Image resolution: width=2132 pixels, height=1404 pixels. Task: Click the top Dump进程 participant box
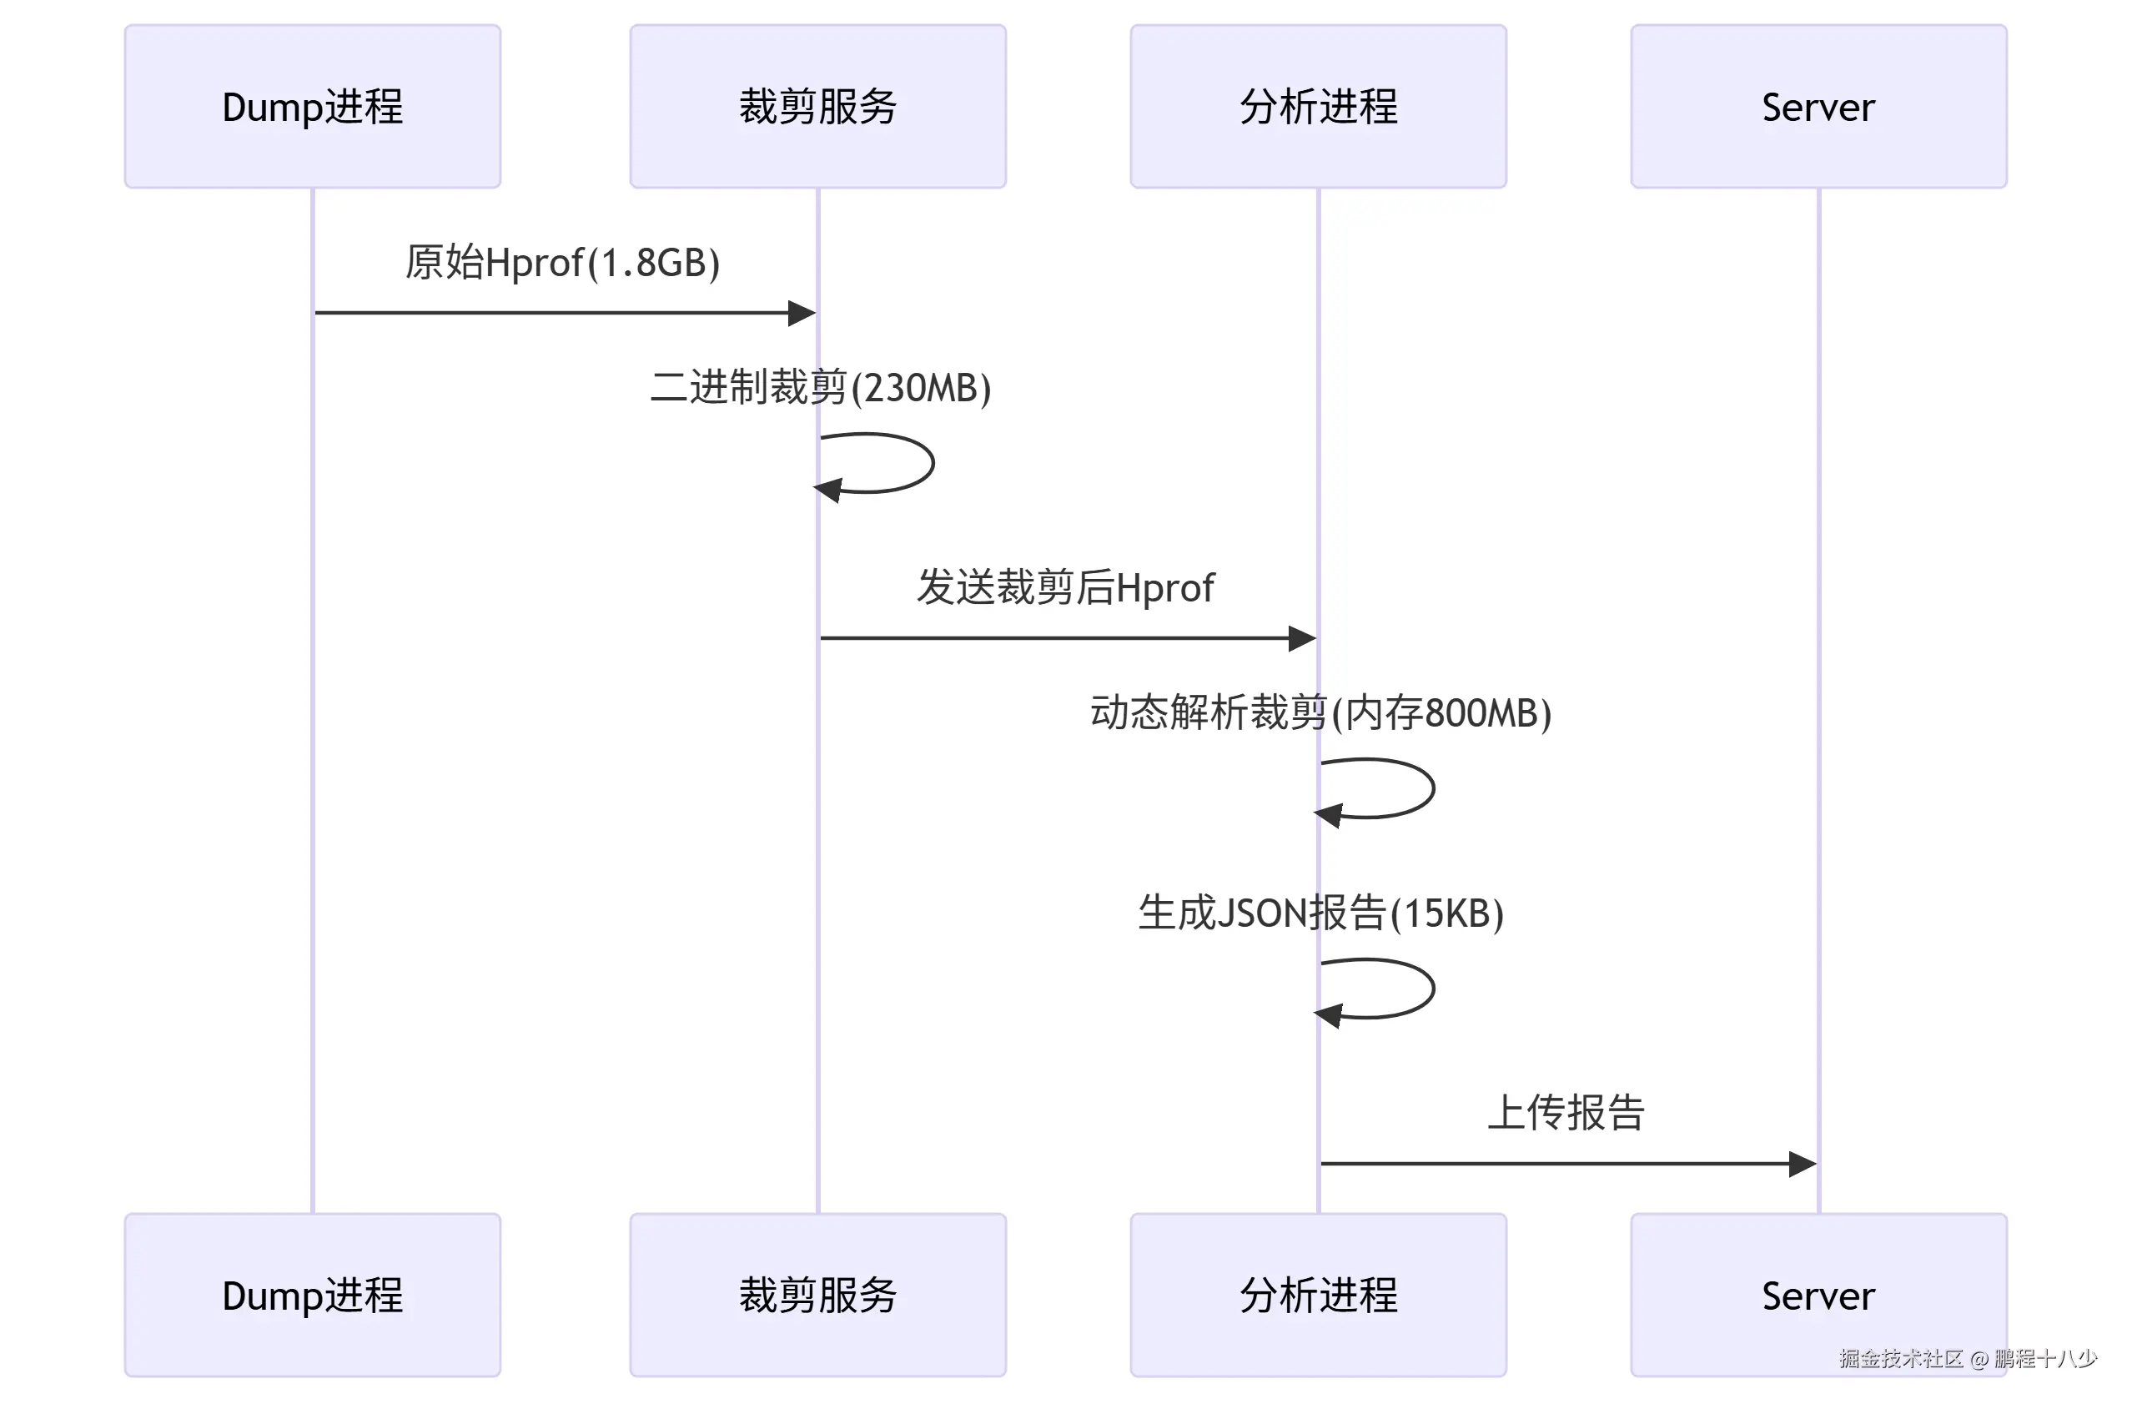coord(312,107)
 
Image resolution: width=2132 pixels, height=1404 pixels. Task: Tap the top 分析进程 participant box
coord(1318,107)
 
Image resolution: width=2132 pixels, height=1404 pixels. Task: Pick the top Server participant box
coord(1818,107)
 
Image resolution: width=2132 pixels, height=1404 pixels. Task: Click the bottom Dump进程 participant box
coord(312,1295)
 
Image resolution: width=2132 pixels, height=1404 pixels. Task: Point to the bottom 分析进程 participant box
coord(1318,1295)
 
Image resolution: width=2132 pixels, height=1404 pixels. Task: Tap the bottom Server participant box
coord(1818,1295)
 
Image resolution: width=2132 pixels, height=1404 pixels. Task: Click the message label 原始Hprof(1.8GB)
coord(561,263)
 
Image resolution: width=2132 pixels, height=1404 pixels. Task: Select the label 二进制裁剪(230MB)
coord(821,388)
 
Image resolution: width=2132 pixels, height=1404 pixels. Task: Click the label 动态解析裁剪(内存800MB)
coord(1320,713)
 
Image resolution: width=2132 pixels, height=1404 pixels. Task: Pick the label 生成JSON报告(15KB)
coord(1320,913)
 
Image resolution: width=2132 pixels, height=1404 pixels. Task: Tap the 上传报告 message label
coord(1566,1113)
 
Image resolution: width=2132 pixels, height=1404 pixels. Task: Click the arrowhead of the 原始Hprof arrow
coord(802,313)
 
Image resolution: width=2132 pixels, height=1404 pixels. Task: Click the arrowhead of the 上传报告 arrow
coord(1803,1164)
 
